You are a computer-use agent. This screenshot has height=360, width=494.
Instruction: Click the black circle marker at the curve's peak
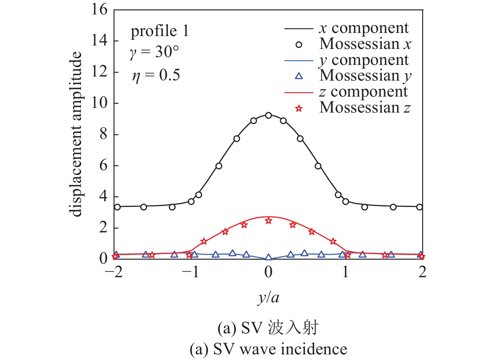point(268,115)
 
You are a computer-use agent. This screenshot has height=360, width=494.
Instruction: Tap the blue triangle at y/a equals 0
point(268,257)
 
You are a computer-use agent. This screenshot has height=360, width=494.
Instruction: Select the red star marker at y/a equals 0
point(268,221)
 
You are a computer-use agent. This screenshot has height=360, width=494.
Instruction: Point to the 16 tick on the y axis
point(99,10)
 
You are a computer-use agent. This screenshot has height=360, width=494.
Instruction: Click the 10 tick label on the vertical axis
point(99,103)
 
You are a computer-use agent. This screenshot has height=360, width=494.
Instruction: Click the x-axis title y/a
point(268,297)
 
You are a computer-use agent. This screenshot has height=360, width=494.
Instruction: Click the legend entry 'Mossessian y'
point(365,76)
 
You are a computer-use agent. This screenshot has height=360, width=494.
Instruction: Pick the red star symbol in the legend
point(299,109)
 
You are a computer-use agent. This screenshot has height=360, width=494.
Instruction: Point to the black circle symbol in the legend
point(299,45)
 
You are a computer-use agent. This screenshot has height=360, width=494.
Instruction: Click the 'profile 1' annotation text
point(160,31)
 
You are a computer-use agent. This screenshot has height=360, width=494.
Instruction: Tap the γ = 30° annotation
point(154,52)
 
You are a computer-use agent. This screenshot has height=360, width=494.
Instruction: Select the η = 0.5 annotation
point(156,75)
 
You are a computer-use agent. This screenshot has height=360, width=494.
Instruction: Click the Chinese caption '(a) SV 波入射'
point(268,328)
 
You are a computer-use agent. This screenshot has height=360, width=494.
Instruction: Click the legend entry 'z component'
point(363,92)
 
